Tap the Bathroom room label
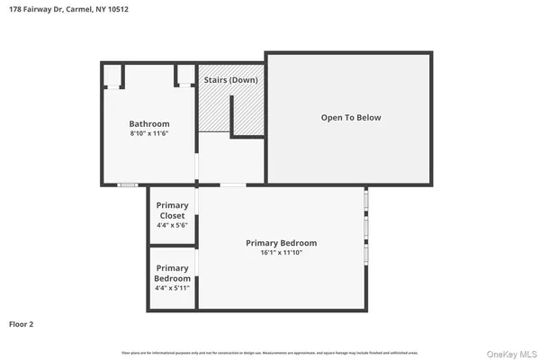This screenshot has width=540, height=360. click(x=148, y=123)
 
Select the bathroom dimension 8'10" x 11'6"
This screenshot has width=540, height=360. click(x=148, y=133)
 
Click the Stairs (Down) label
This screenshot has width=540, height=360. click(x=230, y=80)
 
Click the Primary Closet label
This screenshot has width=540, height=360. click(x=172, y=211)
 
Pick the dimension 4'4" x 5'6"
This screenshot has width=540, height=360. click(x=172, y=226)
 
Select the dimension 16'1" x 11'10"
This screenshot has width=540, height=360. click(x=282, y=253)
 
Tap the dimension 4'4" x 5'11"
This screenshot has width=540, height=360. click(x=172, y=288)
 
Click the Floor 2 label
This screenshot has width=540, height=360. click(x=22, y=323)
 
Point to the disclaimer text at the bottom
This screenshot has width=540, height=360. click(x=270, y=351)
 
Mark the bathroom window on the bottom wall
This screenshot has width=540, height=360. click(x=129, y=185)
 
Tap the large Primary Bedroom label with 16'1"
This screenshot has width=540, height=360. click(x=282, y=243)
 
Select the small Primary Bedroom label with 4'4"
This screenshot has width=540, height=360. click(x=172, y=273)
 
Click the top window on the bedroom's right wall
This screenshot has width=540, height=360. click(x=365, y=202)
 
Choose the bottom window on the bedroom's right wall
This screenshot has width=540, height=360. click(x=365, y=256)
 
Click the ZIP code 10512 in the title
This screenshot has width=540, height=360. click(x=112, y=11)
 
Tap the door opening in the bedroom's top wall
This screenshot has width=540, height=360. click(x=232, y=185)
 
